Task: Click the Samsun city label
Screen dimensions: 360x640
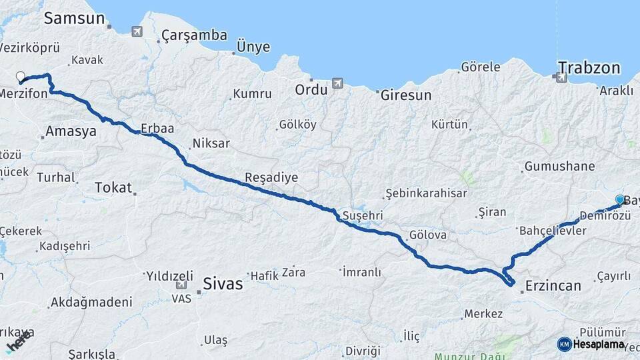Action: click(x=75, y=18)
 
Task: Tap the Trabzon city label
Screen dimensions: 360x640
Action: click(x=589, y=67)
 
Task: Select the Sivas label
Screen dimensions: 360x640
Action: click(x=223, y=283)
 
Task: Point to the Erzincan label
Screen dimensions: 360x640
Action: click(x=553, y=286)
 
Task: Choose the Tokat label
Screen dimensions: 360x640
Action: click(x=113, y=187)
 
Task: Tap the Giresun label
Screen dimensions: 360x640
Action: click(x=406, y=95)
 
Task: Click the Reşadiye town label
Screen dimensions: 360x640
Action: click(x=271, y=177)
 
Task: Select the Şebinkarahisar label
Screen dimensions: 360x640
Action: click(x=427, y=193)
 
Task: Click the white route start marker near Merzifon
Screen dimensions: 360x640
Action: click(x=20, y=77)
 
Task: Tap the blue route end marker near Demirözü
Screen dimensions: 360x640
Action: click(x=620, y=200)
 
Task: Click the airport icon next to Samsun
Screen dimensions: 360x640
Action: click(x=137, y=31)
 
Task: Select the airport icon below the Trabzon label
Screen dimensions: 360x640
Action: click(x=561, y=78)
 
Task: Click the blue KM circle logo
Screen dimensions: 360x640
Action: click(x=564, y=344)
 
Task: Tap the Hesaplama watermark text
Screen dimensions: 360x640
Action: click(x=599, y=344)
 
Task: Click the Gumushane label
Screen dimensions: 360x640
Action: click(x=559, y=167)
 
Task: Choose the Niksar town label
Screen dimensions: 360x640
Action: click(x=211, y=143)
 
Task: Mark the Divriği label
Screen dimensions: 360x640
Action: click(x=363, y=351)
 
